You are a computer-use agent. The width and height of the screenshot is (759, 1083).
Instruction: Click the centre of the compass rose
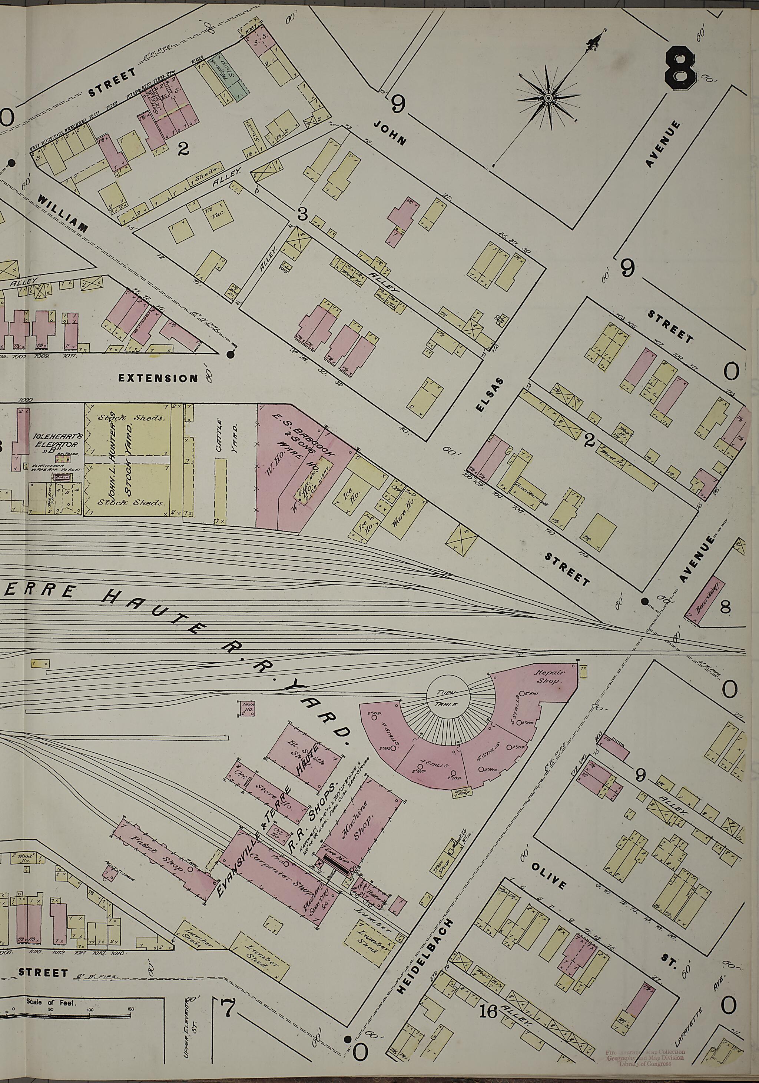click(548, 98)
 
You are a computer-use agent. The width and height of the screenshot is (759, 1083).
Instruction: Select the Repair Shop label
click(547, 677)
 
